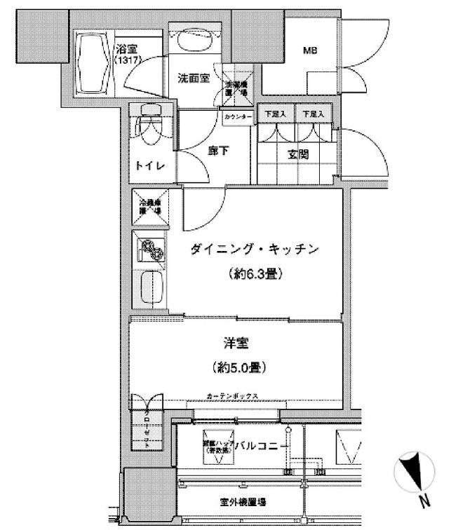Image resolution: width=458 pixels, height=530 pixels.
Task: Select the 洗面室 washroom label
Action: click(x=193, y=79)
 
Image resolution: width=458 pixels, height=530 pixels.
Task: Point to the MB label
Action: click(x=309, y=50)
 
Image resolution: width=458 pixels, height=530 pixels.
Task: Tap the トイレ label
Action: click(x=151, y=165)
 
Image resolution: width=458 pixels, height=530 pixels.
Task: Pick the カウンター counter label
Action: click(x=238, y=118)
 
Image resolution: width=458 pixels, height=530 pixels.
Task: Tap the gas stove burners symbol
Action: click(x=151, y=249)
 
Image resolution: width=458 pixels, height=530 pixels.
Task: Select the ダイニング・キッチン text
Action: click(x=255, y=249)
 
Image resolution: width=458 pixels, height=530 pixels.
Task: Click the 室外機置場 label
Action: click(x=241, y=503)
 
